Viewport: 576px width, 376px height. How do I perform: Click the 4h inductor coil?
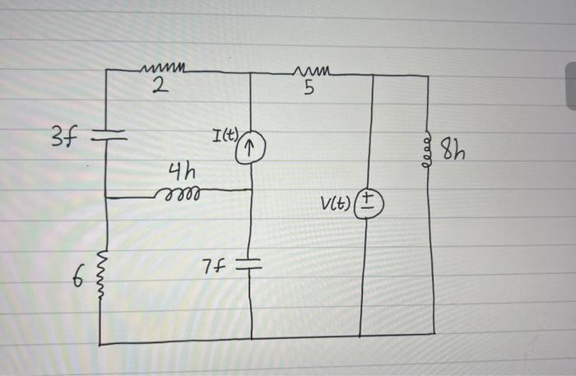click(x=174, y=194)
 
